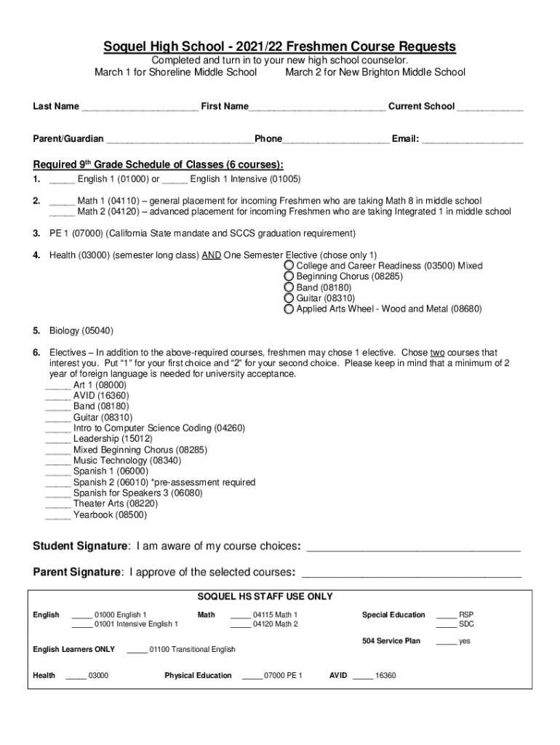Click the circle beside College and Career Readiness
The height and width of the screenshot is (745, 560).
pyautogui.click(x=289, y=266)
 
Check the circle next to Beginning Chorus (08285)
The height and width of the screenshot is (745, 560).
pyautogui.click(x=289, y=277)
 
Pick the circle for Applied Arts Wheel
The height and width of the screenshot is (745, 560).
pyautogui.click(x=289, y=309)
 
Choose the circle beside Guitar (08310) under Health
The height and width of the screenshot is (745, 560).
pyautogui.click(x=289, y=298)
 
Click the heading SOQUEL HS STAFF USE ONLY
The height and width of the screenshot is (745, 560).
pyautogui.click(x=265, y=597)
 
